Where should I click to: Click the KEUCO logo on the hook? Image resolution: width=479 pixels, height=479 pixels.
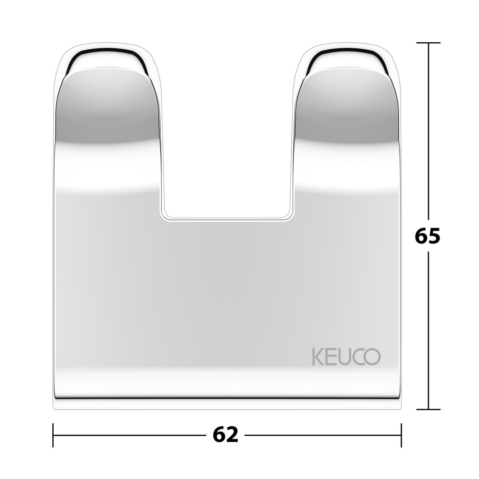click(x=346, y=356)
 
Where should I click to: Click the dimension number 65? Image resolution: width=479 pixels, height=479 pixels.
click(x=428, y=236)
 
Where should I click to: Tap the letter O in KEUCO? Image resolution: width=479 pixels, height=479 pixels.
click(x=372, y=357)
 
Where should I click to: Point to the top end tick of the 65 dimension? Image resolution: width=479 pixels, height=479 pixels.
click(x=428, y=43)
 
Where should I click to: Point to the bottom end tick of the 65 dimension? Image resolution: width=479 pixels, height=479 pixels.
click(x=428, y=409)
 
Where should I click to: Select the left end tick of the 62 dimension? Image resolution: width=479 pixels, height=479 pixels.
click(x=53, y=435)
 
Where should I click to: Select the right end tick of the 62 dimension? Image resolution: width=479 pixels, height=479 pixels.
click(x=401, y=435)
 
